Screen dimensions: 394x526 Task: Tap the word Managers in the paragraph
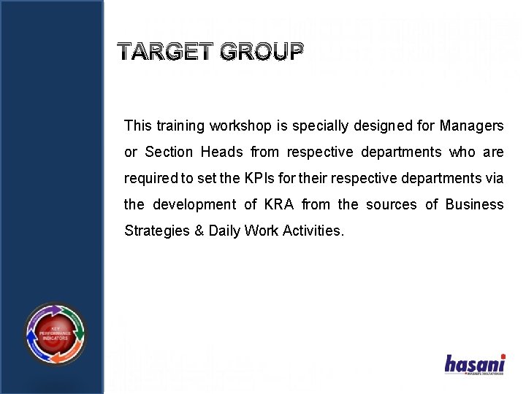(x=471, y=125)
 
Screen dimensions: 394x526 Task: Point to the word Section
(x=169, y=152)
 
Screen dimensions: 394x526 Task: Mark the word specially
(x=318, y=125)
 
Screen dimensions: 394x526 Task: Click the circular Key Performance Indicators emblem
(x=55, y=334)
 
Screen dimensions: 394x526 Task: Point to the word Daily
(x=224, y=231)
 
